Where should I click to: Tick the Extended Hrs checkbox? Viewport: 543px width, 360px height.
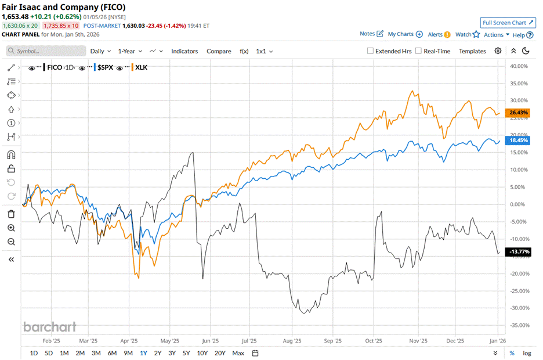coord(371,51)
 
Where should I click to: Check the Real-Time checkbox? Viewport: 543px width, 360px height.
coord(419,51)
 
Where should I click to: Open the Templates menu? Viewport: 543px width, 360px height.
coord(472,51)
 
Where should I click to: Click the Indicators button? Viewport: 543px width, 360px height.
coord(184,51)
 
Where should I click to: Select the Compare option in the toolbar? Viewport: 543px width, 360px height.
coord(219,51)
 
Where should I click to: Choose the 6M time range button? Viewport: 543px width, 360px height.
coord(112,353)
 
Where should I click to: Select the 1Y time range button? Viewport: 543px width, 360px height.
coord(143,353)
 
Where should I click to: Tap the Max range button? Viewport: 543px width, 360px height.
coord(238,353)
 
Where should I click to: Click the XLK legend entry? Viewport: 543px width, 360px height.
coord(141,67)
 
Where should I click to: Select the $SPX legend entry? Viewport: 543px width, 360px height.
coord(105,67)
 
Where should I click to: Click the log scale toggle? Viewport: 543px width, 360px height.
coord(527,353)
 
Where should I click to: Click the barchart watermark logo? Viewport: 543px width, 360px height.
coord(49,327)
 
